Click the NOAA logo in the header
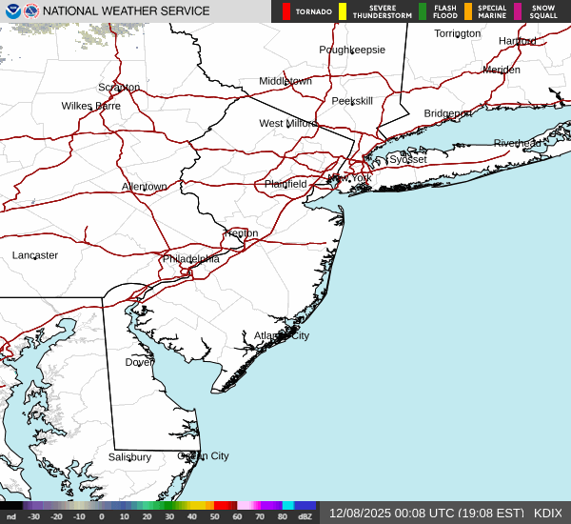tap(11, 10)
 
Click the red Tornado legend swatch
tap(286, 11)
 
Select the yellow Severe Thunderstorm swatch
tap(343, 11)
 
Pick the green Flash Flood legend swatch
tap(423, 11)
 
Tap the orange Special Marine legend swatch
tap(468, 11)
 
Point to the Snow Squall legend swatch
tap(518, 11)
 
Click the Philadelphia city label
tap(190, 258)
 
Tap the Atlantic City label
tap(281, 335)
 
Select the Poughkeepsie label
tap(352, 50)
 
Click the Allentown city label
tap(144, 187)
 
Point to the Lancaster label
tap(35, 255)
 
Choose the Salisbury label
tap(129, 457)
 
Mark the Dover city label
tap(139, 362)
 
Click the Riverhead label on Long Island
tap(517, 144)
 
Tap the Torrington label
tap(458, 33)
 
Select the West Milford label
tap(287, 124)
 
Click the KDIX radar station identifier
tap(548, 513)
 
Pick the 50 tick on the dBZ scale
tap(212, 516)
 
